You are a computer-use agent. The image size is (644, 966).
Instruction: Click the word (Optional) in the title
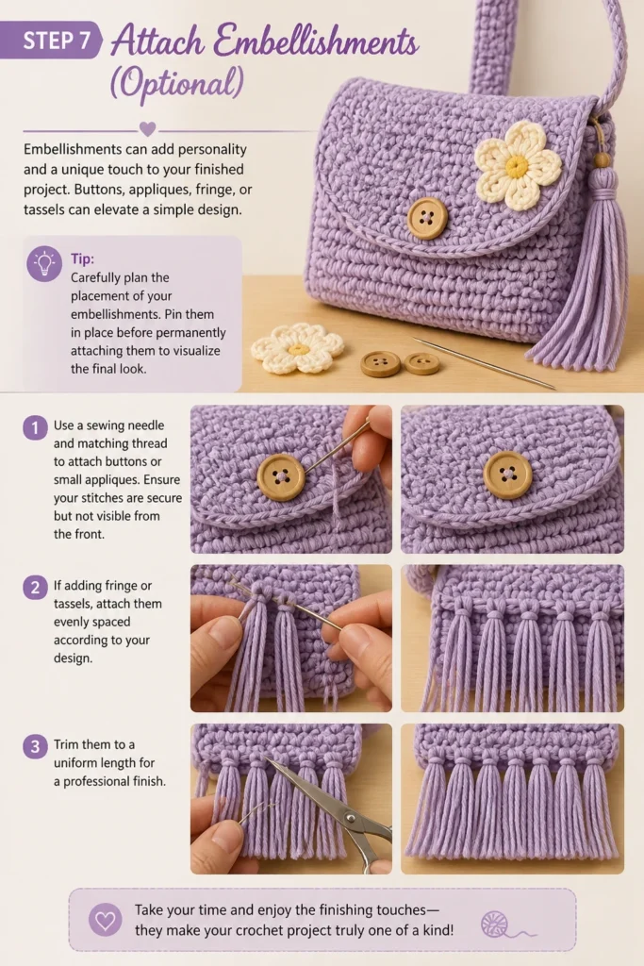point(176,83)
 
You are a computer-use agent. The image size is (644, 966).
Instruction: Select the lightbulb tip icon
point(44,264)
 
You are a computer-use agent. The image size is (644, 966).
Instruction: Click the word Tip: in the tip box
point(82,258)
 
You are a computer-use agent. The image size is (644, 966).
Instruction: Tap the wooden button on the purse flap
point(427,219)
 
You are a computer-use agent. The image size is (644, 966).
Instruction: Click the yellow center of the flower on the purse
point(517,165)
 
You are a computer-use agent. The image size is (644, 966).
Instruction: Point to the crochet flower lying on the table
point(297,349)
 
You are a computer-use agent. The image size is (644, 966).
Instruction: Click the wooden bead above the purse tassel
point(602,160)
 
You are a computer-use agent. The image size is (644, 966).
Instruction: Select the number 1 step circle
point(35,427)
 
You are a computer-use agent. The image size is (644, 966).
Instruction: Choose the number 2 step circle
point(35,588)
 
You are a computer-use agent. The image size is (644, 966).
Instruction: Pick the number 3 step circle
point(35,747)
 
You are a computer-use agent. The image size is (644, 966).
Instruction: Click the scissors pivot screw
point(351,818)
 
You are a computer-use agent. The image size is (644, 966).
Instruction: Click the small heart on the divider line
point(147,129)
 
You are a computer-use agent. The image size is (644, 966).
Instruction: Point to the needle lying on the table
point(484,363)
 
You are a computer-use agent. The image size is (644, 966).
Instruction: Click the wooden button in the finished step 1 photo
point(508,475)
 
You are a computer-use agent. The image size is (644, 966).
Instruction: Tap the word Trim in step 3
point(66,744)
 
